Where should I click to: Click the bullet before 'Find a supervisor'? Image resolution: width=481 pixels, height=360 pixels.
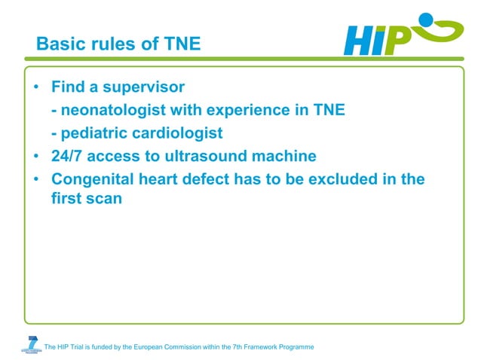(35, 87)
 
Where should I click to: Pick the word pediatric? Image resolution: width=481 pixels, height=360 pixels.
(94, 133)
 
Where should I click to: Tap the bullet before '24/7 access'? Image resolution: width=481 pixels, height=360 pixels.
(35, 157)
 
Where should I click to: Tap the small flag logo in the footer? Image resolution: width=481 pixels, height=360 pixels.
(31, 343)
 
